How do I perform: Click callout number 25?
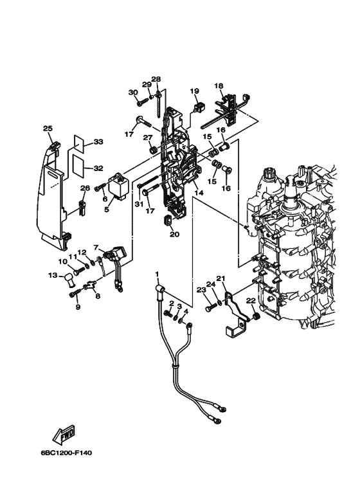point(48,129)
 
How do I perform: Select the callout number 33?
point(98,141)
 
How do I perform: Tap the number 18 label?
point(219,86)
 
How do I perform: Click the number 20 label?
point(174,235)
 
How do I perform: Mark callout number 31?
point(138,204)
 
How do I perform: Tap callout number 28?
point(156,79)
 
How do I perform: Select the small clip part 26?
point(82,208)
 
